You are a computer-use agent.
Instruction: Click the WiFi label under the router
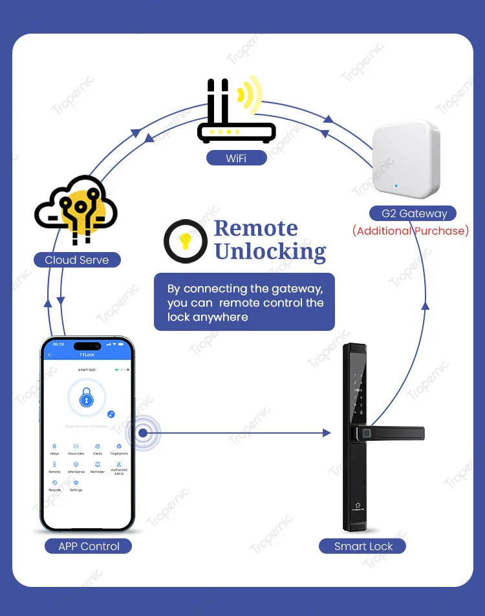(x=236, y=158)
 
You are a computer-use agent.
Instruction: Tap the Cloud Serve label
(x=77, y=260)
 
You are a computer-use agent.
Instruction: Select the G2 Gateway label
(x=413, y=213)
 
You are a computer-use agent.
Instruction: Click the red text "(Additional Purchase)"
(x=411, y=231)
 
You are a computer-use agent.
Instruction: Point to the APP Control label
(x=89, y=546)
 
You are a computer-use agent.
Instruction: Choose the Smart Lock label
(x=363, y=546)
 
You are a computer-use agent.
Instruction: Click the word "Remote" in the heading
(x=256, y=228)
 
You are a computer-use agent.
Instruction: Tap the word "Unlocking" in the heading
(x=270, y=251)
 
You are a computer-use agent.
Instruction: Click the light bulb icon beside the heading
(x=185, y=240)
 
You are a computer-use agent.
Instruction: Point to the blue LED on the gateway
(x=396, y=186)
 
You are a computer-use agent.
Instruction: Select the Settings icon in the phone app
(x=76, y=483)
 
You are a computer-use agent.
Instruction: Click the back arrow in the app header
(x=50, y=355)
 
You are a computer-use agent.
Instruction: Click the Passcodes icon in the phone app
(x=76, y=447)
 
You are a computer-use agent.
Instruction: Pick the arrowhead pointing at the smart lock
(x=327, y=433)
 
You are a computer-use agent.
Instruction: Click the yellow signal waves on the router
(x=249, y=97)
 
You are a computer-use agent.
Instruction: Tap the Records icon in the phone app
(x=54, y=483)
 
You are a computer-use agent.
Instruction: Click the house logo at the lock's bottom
(x=358, y=505)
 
